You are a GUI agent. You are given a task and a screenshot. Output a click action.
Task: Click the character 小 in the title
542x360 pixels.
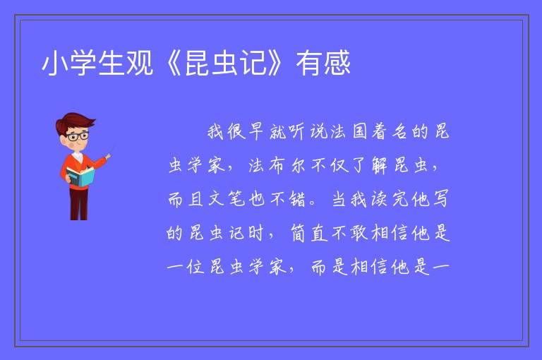(55, 63)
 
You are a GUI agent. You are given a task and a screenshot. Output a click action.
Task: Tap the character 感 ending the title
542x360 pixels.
(337, 63)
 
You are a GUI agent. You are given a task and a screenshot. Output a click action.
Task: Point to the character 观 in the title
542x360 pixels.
(140, 63)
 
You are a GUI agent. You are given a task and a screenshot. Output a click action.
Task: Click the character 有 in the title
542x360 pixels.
(309, 63)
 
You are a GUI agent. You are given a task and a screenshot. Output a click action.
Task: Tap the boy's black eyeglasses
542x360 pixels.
(78, 136)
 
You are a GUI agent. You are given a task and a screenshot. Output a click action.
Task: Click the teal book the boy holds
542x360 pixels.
(80, 176)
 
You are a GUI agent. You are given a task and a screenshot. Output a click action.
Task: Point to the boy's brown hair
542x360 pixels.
(74, 121)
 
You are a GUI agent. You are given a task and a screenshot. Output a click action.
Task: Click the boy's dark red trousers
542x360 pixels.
(79, 203)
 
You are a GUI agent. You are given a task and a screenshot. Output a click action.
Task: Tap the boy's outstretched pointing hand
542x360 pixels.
(108, 157)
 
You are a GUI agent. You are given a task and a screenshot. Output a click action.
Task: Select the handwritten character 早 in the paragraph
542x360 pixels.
(256, 132)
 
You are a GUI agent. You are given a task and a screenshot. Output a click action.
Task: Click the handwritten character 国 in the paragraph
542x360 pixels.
(359, 132)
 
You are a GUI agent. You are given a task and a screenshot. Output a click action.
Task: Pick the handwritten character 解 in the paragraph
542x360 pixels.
(380, 165)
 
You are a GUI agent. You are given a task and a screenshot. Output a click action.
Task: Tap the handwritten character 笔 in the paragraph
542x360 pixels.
(237, 199)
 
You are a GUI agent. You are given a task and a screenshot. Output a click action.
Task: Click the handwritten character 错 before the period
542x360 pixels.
(298, 199)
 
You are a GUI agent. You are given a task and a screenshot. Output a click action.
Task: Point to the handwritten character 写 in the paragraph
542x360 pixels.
(440, 199)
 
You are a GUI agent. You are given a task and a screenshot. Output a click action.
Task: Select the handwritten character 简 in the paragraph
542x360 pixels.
(298, 233)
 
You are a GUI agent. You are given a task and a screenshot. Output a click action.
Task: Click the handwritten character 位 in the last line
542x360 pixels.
(195, 267)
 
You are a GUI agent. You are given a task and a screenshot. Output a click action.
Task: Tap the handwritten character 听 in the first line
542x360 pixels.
(296, 132)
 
